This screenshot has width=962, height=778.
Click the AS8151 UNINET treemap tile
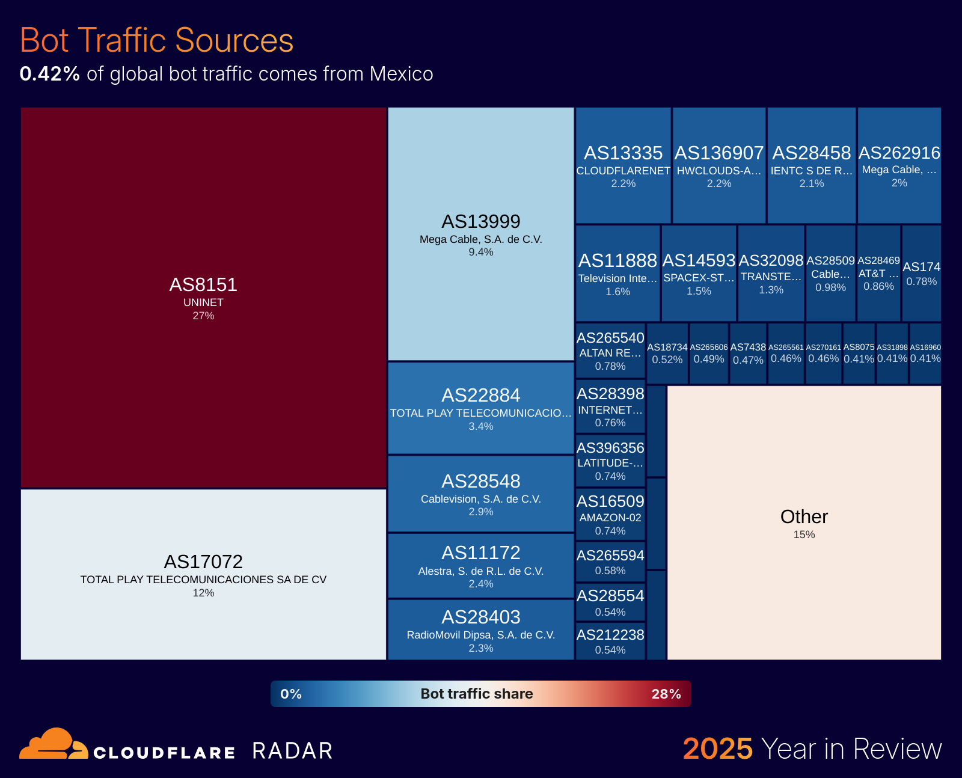(203, 298)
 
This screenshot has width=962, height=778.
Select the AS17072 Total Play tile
(203, 574)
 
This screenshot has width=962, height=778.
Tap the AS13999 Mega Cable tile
(481, 234)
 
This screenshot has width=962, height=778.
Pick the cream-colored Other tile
(804, 522)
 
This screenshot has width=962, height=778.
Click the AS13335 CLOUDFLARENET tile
(623, 165)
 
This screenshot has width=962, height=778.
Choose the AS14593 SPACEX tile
(699, 274)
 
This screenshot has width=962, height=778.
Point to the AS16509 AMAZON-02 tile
(610, 515)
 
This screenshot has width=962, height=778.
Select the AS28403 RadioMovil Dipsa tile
(481, 629)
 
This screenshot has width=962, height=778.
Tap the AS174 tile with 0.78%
(921, 274)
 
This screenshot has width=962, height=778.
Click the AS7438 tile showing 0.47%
(748, 354)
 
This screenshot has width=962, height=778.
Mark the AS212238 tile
(610, 642)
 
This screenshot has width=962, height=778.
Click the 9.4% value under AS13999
(481, 252)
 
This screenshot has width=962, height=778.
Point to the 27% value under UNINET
(203, 316)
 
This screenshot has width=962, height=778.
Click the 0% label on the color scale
(291, 694)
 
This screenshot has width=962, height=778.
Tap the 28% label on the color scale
(666, 694)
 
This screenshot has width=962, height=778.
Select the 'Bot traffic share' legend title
(477, 694)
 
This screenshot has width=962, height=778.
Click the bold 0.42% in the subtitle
(50, 74)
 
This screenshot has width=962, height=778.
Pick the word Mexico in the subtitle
(401, 74)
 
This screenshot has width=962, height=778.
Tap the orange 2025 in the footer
(718, 749)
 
